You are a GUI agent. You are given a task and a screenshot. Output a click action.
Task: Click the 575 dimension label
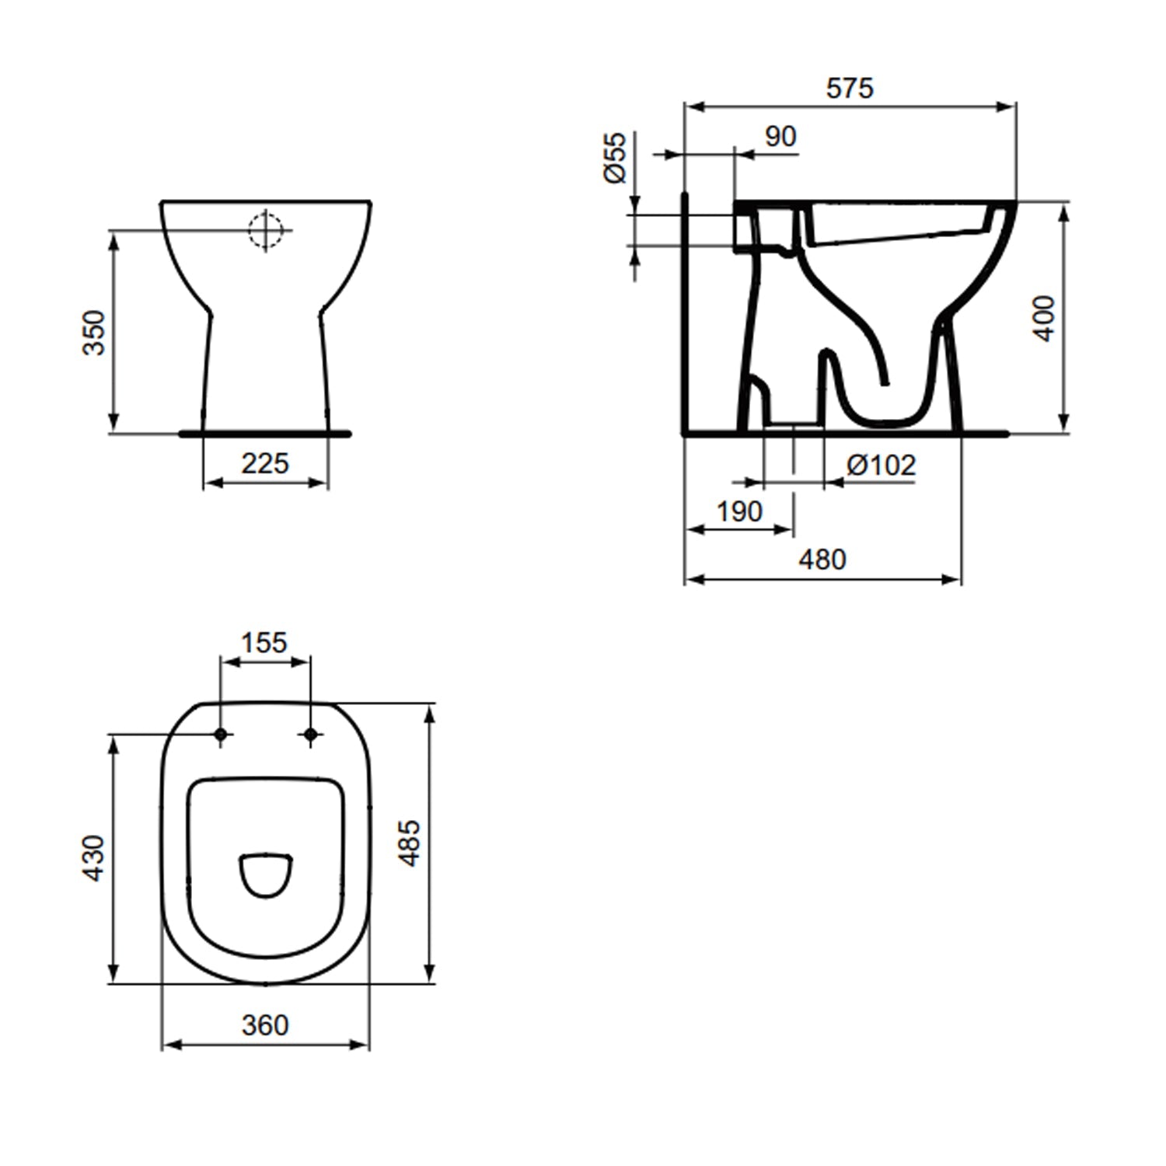[850, 89]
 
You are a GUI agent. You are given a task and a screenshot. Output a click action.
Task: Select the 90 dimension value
[780, 137]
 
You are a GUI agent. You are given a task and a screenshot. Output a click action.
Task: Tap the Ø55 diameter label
[615, 158]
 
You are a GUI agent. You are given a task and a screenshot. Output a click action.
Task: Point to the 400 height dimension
[1045, 318]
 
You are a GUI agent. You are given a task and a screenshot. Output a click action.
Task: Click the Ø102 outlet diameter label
[881, 466]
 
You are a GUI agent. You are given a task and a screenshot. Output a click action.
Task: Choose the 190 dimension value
[739, 512]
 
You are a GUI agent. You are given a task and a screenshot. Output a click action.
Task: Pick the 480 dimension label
[822, 560]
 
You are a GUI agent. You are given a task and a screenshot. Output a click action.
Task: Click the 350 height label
[94, 333]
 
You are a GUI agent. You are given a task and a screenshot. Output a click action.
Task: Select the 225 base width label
[265, 464]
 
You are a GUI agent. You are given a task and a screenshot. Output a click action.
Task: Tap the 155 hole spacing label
[264, 643]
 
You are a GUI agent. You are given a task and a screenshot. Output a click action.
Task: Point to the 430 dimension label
[94, 858]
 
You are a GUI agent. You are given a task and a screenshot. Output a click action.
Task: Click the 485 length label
[409, 843]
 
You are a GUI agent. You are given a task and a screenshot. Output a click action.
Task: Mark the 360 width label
[265, 1025]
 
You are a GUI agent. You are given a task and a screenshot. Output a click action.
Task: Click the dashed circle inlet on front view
[265, 230]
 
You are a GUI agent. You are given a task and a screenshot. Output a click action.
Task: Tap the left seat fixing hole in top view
[221, 734]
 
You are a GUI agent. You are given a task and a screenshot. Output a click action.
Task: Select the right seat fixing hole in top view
[310, 734]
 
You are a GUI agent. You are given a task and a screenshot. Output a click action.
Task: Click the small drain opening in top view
[266, 875]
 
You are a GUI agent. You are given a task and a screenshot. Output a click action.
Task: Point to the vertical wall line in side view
[685, 311]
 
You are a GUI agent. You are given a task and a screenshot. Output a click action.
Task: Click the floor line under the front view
[265, 434]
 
